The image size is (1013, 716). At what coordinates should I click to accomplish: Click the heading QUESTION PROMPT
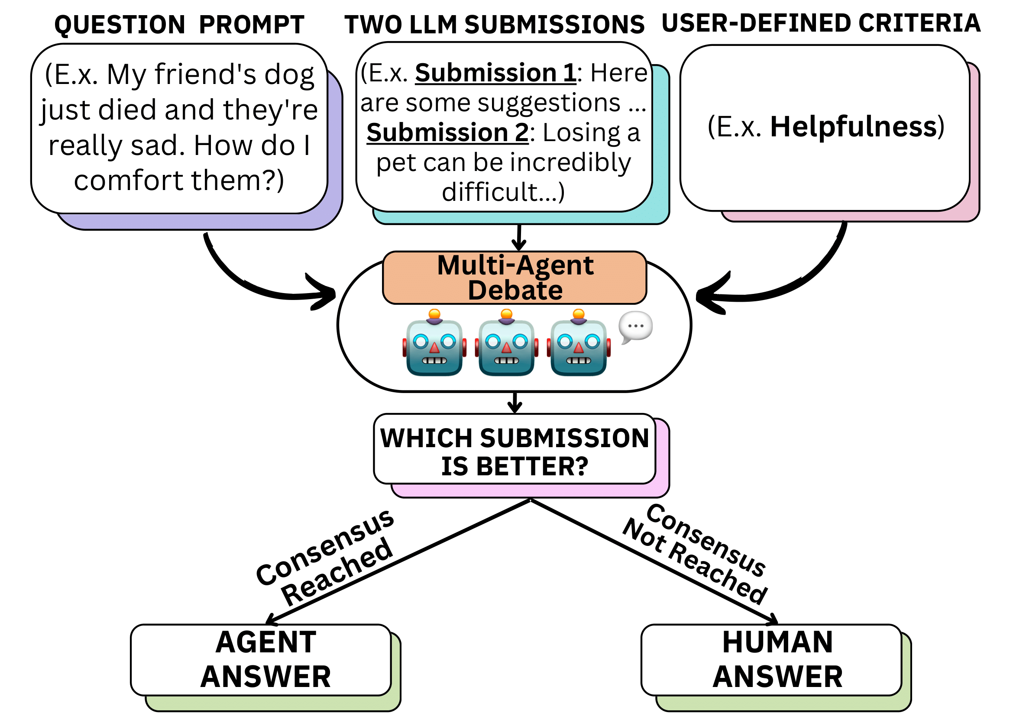[x=179, y=25]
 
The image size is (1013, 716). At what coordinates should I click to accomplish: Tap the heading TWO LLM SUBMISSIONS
[x=494, y=25]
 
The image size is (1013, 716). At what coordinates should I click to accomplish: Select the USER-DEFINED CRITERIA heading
[x=821, y=23]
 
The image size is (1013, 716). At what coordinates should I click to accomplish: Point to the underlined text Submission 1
[x=495, y=73]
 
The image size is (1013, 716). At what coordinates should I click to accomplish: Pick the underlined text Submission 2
[x=447, y=133]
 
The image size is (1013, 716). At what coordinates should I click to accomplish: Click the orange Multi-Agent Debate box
[x=515, y=278]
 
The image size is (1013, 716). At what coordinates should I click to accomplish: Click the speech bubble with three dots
[x=635, y=327]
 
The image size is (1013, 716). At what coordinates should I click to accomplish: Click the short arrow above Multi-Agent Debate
[x=519, y=238]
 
